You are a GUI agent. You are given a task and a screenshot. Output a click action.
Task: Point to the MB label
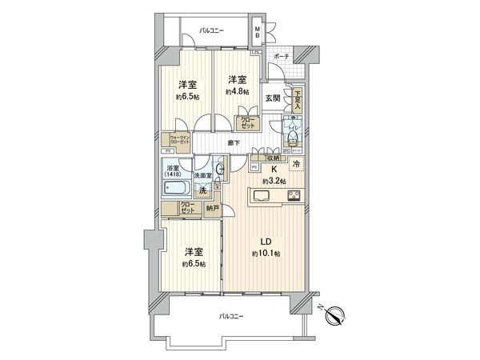(257, 34)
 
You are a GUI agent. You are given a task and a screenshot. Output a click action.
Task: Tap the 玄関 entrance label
(273, 98)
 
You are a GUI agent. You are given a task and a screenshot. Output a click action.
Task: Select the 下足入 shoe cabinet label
(297, 98)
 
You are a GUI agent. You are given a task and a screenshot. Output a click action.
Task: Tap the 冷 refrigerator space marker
(297, 165)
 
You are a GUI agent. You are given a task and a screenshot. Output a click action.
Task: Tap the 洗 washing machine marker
(203, 191)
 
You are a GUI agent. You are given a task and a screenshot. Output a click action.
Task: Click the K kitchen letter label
(273, 170)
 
